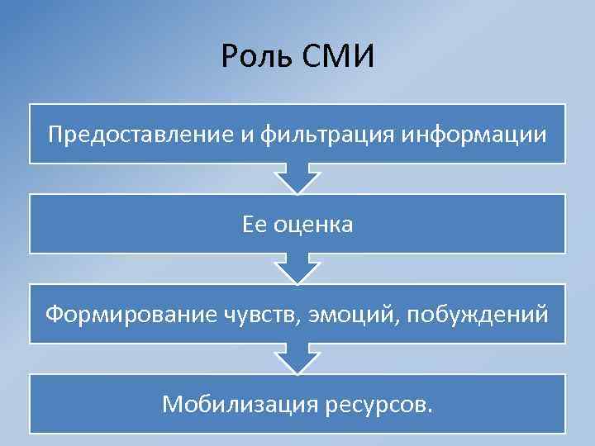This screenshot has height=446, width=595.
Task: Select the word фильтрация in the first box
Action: (x=315, y=134)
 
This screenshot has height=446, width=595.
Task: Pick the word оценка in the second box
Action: (x=313, y=224)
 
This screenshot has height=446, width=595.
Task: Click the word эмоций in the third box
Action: (x=340, y=314)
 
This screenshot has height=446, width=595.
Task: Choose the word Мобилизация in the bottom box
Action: (x=234, y=404)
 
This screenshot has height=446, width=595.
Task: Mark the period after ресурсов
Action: (x=428, y=410)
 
